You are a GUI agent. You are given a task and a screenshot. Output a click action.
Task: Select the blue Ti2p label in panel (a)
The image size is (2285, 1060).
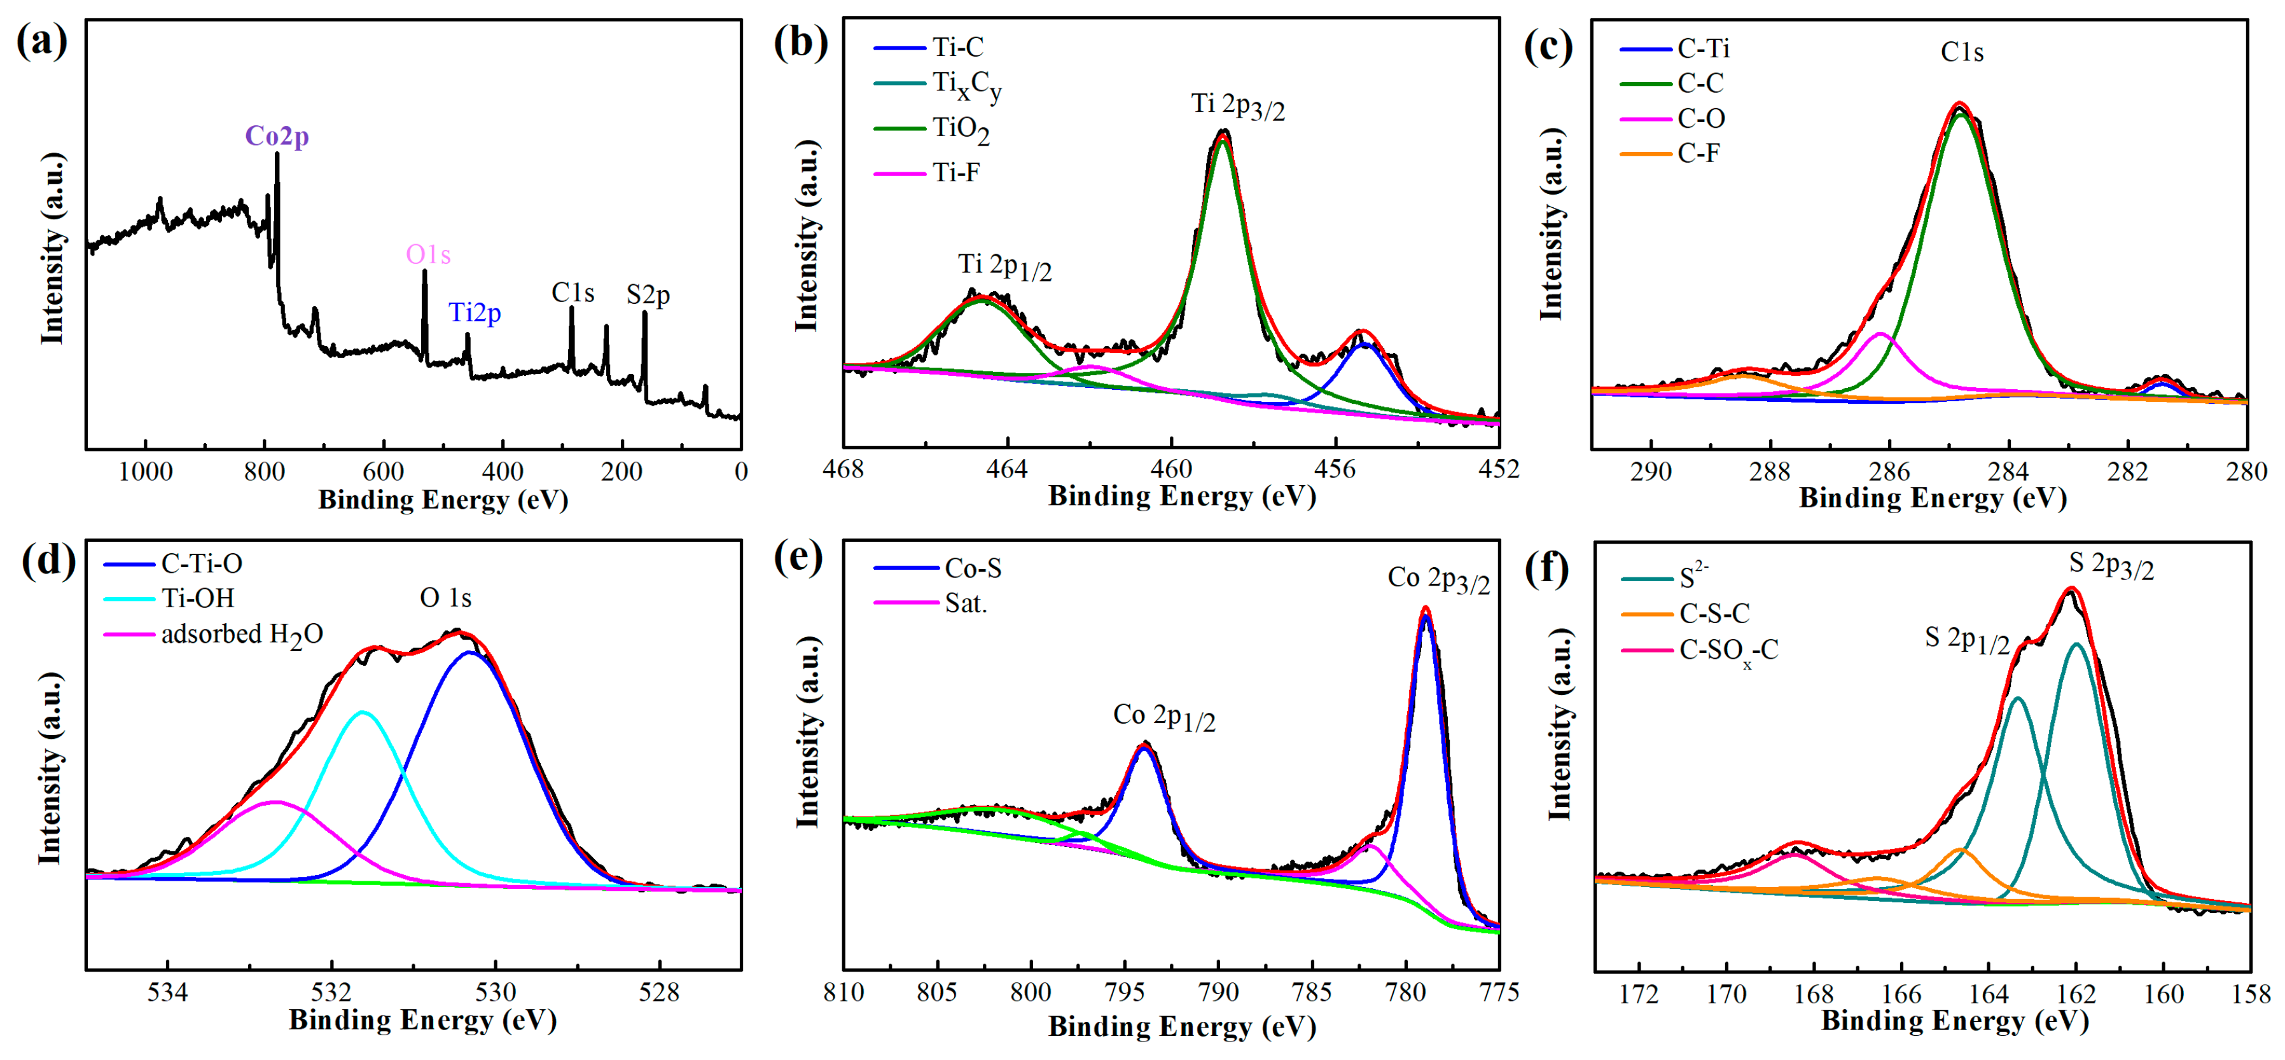(x=475, y=312)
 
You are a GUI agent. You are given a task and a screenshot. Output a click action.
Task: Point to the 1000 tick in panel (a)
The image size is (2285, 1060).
(x=146, y=471)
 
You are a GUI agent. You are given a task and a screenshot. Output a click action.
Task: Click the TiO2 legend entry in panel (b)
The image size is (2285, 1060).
(x=960, y=130)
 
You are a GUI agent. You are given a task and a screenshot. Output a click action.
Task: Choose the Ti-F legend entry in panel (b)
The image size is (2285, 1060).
(x=955, y=172)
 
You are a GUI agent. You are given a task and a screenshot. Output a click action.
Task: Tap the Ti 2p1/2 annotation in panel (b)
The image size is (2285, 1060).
(x=1004, y=265)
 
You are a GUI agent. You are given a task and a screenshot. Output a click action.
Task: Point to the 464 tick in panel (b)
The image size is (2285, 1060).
(x=1007, y=469)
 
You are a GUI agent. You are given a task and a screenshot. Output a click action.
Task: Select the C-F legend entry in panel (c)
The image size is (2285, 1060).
(x=1698, y=153)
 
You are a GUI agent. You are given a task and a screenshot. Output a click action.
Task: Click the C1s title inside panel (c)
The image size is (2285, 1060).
(x=1961, y=52)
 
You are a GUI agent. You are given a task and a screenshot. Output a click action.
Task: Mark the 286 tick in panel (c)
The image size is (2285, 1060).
(x=1889, y=471)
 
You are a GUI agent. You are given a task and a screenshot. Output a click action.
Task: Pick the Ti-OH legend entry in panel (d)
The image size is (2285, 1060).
(x=197, y=599)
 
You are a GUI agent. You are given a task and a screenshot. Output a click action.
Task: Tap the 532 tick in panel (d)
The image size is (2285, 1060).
(x=332, y=992)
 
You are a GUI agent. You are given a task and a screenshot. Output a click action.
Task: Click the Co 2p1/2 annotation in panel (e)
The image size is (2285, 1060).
(x=1163, y=716)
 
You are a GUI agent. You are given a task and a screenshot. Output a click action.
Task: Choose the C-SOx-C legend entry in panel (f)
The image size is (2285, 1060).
(x=1728, y=650)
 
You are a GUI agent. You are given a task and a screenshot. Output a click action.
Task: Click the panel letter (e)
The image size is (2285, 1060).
(x=798, y=559)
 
